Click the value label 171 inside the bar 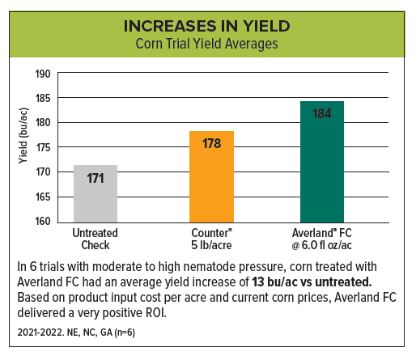coord(95,178)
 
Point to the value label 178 coord(211,144)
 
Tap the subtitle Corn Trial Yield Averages coord(207,44)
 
